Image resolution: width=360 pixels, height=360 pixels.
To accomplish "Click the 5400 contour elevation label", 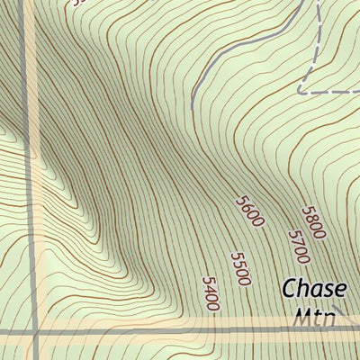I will [x=210, y=294].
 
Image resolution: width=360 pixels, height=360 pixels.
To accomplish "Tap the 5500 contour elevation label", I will [x=239, y=268].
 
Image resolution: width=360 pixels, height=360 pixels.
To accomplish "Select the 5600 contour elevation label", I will [x=248, y=211].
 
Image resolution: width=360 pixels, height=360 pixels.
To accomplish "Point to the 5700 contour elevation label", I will [x=298, y=247].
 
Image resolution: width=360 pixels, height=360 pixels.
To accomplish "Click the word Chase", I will [x=313, y=290].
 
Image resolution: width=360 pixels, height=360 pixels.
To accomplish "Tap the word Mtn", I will [x=313, y=318].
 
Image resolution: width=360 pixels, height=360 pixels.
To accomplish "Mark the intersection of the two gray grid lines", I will [x=37, y=332].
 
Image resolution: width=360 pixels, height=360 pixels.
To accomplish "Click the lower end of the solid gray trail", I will [x=192, y=93].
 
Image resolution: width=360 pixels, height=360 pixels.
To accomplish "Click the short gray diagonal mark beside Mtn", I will [x=341, y=314].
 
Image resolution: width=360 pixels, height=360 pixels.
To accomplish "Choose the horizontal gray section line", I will [x=180, y=332].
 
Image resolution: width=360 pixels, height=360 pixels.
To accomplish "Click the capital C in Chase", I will [x=289, y=290].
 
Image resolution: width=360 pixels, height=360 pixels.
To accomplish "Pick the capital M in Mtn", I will [x=301, y=318].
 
